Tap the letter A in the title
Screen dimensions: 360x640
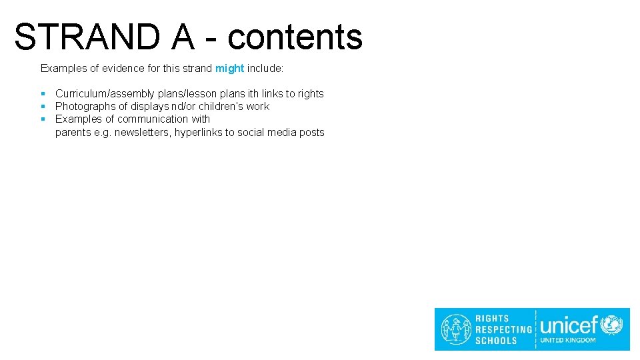(x=182, y=37)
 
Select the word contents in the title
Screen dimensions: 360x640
(x=295, y=37)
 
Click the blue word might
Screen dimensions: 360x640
(x=229, y=69)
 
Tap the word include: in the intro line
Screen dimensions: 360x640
(x=265, y=69)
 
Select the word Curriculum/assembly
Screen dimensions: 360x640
(x=105, y=94)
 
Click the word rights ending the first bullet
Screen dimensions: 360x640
(x=311, y=94)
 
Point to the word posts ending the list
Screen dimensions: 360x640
(x=311, y=133)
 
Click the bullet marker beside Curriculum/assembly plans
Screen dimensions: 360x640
(x=43, y=94)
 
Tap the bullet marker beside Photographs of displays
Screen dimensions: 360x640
(x=43, y=107)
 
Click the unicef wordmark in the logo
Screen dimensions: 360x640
(x=569, y=325)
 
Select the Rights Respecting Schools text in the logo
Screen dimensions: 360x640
(x=503, y=329)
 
